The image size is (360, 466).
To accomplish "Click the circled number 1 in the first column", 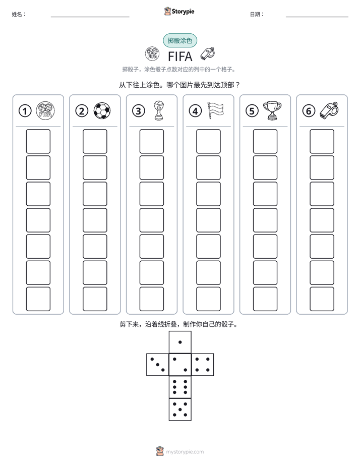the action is point(25,111).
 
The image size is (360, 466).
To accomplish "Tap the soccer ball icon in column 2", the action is point(102,111).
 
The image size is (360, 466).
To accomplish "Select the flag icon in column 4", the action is point(215,110).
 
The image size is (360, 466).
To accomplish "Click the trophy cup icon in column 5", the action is point(272,110).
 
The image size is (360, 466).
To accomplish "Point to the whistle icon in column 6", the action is point(329,110).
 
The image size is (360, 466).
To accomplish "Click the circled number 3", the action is point(139,111).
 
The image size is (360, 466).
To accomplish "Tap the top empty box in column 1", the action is point(38,141).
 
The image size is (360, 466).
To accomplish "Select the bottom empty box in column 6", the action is point(322,299).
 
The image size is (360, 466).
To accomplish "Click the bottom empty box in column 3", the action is point(151,299).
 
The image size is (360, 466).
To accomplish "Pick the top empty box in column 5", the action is point(265,141).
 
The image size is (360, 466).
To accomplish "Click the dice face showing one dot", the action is point(180,342).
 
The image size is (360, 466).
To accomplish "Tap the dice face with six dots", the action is point(180,387).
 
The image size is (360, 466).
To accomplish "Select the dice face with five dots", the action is point(180,410).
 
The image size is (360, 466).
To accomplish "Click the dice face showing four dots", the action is point(203,365).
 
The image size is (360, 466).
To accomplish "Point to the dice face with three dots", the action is point(157,365).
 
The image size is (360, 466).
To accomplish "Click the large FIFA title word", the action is point(180,56).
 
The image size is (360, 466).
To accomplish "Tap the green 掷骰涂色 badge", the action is point(180,40).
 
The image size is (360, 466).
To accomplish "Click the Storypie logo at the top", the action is point(179,11).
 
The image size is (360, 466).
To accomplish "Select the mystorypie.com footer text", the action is point(185,452).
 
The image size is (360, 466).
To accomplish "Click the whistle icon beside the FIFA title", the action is point(207,53).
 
